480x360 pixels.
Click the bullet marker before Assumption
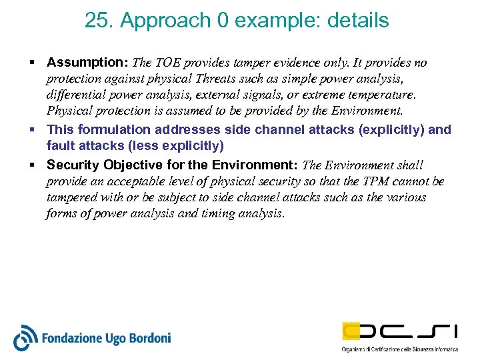(x=32, y=63)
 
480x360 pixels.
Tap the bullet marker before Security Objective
(x=32, y=165)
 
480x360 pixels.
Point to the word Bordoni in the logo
(x=148, y=339)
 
